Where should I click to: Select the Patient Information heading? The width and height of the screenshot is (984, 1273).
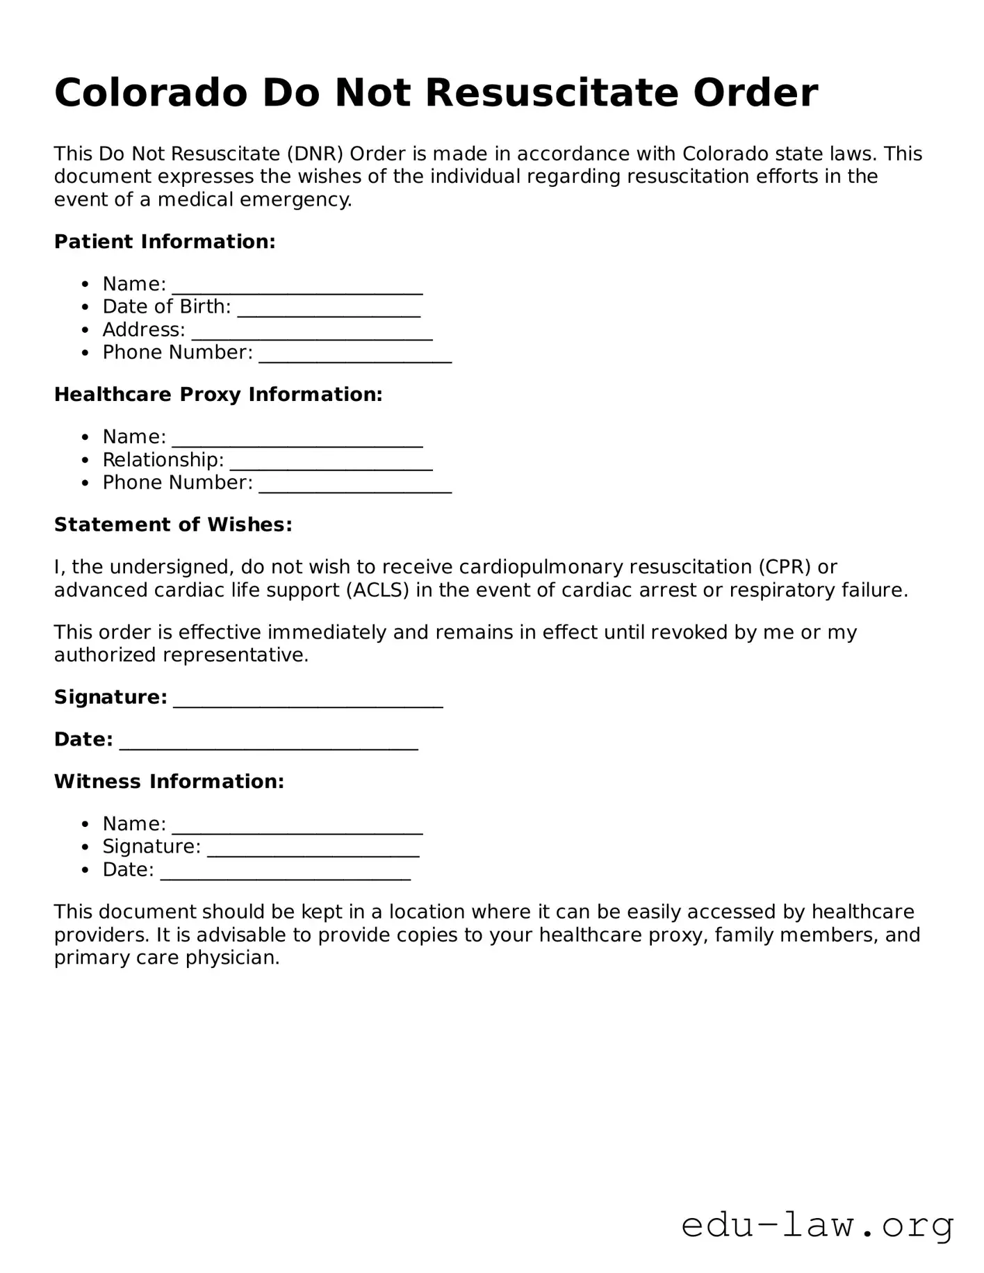pos(165,242)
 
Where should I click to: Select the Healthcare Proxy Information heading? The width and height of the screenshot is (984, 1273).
pos(218,395)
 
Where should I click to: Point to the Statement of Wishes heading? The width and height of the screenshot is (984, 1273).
pos(173,525)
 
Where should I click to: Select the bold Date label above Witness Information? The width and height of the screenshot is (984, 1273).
pos(83,739)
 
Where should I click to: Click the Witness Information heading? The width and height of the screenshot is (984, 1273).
pos(169,782)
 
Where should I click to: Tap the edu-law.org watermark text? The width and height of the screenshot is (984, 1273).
pos(817,1225)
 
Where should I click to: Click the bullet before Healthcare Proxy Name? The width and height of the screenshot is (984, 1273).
pos(85,438)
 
